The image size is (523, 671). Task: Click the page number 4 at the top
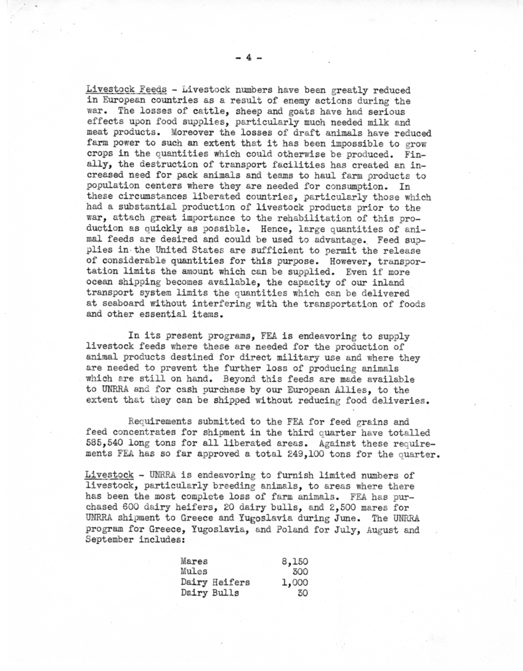248,58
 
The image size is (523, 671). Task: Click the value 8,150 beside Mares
296,561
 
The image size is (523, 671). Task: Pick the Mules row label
194,572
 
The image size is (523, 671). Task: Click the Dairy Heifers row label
215,582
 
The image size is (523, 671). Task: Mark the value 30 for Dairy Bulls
303,593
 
